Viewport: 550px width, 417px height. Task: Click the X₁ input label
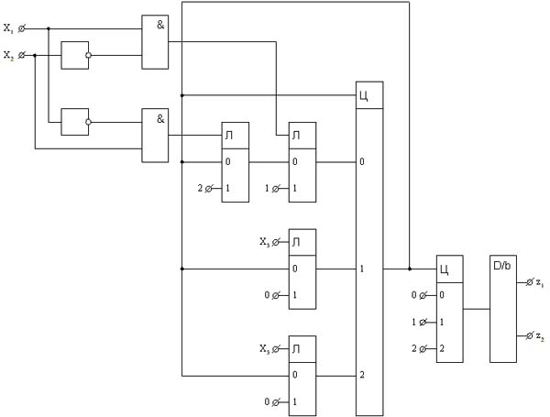coord(8,28)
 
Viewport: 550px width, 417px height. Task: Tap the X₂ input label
coord(8,55)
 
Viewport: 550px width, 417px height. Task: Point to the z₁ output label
coord(540,282)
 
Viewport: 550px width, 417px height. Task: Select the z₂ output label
coord(540,336)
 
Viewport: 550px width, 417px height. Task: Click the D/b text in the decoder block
coord(502,266)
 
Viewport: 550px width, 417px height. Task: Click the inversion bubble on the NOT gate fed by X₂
coord(88,55)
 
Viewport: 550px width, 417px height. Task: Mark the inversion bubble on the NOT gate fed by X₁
coord(88,122)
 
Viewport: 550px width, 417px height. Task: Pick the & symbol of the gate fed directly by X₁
coord(160,25)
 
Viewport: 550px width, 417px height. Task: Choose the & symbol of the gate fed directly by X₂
coord(160,119)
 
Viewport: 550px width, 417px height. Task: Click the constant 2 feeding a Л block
coord(200,188)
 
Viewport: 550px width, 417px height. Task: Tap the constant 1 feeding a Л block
coord(267,188)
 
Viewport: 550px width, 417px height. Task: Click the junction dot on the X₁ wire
coord(49,28)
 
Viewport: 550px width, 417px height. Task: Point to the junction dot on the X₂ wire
coord(35,55)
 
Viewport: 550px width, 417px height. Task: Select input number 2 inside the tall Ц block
coord(362,375)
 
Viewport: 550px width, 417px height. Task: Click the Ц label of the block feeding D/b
coord(444,269)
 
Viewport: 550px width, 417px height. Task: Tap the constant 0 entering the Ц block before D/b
coord(414,295)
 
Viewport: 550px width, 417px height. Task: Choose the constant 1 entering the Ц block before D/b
coord(414,322)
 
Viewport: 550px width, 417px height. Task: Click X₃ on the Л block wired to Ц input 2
coord(265,348)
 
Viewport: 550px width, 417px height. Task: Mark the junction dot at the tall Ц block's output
coord(410,269)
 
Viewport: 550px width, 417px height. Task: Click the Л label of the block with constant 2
coord(228,136)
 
